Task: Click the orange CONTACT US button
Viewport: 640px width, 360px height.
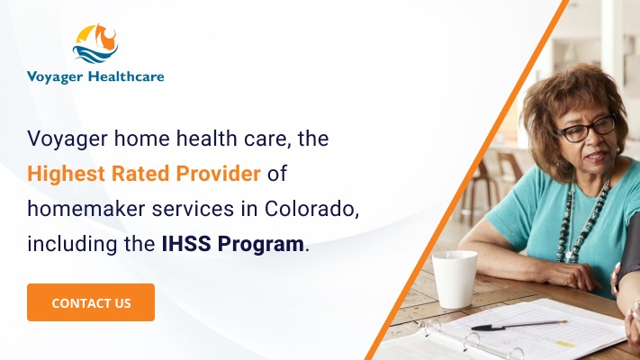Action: coord(91,302)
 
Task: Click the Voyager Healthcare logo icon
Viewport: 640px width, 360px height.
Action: coord(95,44)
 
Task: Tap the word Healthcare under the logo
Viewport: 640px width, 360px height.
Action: coord(126,76)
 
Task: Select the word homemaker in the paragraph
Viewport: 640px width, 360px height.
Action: coord(76,207)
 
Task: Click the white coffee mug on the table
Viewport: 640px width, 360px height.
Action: coord(454,279)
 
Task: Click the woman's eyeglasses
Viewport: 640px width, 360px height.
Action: coord(586,128)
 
